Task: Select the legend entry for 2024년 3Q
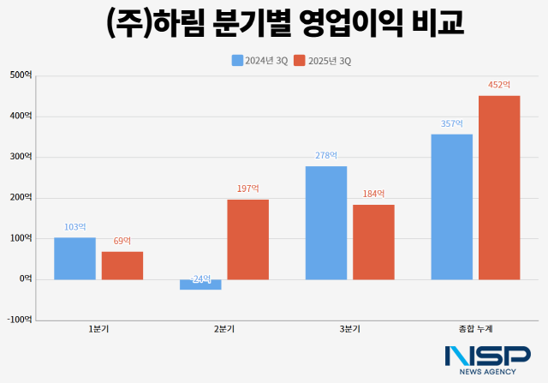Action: (x=259, y=60)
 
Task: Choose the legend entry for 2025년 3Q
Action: (x=322, y=60)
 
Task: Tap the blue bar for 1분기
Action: (x=74, y=258)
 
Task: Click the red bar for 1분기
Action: (x=122, y=265)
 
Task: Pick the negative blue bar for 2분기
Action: (x=200, y=284)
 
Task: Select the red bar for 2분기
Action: (x=248, y=239)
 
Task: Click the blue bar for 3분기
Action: (x=326, y=223)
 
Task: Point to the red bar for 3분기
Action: (x=373, y=242)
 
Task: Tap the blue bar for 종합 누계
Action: (x=452, y=206)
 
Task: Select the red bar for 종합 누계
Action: (x=499, y=187)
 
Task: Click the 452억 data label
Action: (x=499, y=85)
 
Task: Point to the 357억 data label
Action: (x=452, y=123)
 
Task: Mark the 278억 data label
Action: (x=326, y=156)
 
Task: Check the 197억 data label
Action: (x=248, y=189)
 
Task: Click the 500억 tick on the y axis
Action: (x=21, y=75)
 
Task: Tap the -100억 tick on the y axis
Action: (x=19, y=319)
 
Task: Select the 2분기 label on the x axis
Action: (x=224, y=329)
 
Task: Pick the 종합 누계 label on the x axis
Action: (x=475, y=329)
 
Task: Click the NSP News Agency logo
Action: (x=487, y=360)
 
